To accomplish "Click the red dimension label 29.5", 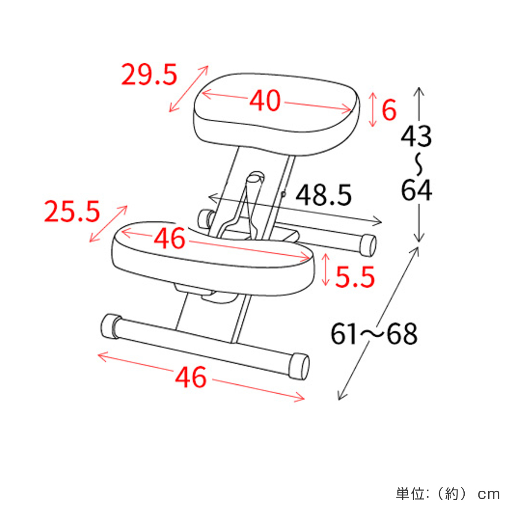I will tap(149, 75).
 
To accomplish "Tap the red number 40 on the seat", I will tap(265, 101).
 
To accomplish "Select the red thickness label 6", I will tap(389, 110).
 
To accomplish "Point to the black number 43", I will tap(416, 136).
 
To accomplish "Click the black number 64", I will tap(416, 190).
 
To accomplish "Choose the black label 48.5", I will tap(324, 196).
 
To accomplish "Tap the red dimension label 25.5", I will tap(72, 212).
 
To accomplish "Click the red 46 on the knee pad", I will tap(170, 239).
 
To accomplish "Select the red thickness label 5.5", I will tap(355, 277).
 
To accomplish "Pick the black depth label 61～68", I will tap(374, 334).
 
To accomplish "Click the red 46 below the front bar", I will tap(191, 377).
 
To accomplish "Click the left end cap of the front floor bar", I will tap(110, 326).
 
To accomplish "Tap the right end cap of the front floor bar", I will tap(299, 366).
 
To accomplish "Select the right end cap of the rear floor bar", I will tap(368, 245).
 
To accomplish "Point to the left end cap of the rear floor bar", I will tap(205, 218).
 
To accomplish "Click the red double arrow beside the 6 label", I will tap(372, 109).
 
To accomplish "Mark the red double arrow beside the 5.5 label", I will tap(326, 270).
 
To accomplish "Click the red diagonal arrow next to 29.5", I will tap(189, 89).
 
